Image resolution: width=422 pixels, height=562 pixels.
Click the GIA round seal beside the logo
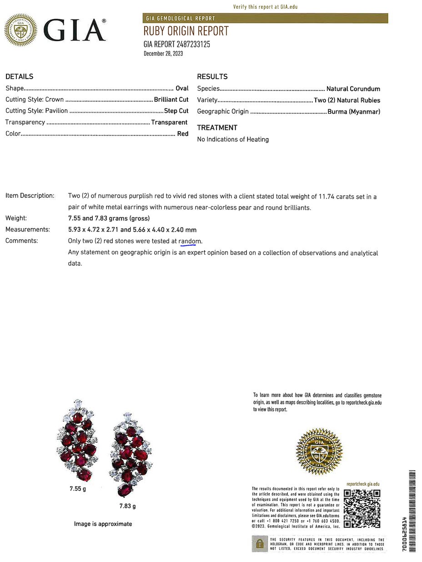pos(20,30)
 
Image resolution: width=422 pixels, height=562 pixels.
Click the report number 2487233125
pos(193,45)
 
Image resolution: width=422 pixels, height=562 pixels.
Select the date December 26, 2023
pos(163,54)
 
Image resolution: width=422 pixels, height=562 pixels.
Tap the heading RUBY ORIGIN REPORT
pos(186,31)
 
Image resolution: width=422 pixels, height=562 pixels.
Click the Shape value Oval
pos(182,89)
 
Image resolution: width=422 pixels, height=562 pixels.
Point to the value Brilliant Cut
pos(171,100)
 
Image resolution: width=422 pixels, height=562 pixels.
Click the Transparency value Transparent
pos(169,122)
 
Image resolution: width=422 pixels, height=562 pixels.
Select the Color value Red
pos(183,134)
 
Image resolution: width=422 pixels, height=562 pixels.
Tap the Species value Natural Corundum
pos(353,89)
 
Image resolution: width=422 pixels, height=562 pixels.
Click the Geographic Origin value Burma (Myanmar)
pos(354,112)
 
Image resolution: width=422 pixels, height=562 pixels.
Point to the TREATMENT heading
pos(217,128)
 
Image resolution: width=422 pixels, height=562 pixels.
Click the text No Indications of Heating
pos(233,140)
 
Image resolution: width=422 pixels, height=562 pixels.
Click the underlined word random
pos(190,241)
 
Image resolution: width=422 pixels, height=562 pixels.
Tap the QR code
pos(362,508)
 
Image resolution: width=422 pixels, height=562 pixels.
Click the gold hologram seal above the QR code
pos(319,451)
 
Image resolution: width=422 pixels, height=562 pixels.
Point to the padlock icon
pos(260,543)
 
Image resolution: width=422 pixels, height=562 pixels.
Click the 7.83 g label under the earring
pos(128,506)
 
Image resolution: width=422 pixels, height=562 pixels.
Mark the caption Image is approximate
pos(103,524)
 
